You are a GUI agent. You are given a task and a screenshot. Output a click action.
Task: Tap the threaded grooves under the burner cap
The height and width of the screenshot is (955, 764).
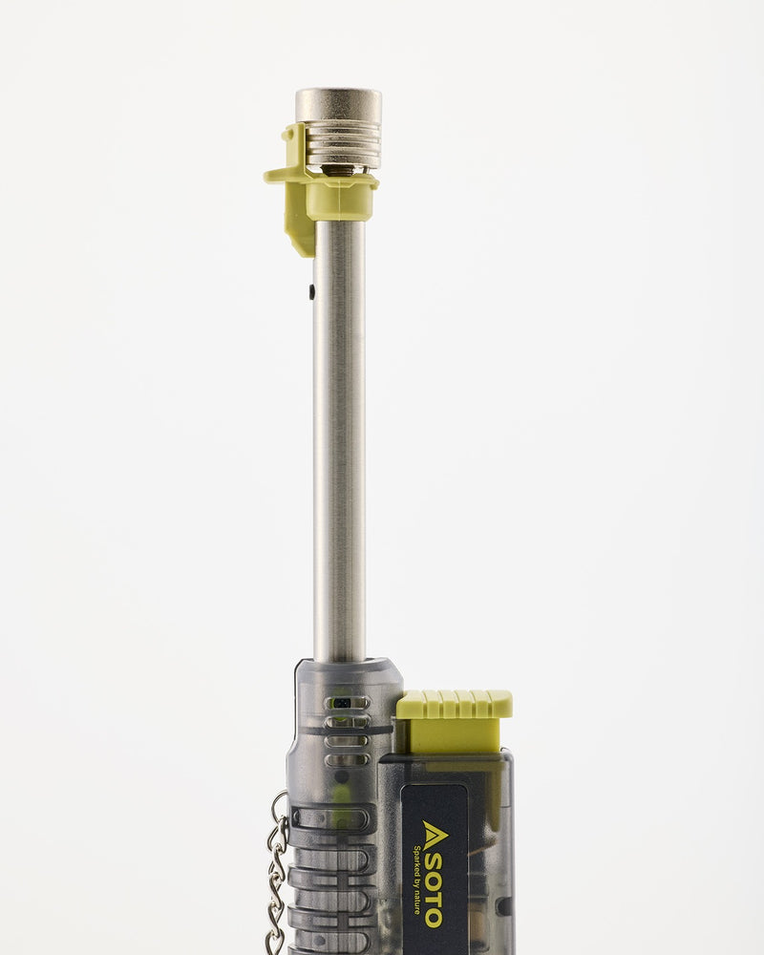point(343,143)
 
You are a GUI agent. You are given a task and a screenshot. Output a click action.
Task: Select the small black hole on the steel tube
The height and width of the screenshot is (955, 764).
point(312,291)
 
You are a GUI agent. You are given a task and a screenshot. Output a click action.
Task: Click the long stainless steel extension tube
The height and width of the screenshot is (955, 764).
point(339,438)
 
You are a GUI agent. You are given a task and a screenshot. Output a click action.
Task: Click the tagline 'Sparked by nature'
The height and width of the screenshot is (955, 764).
point(416,880)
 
